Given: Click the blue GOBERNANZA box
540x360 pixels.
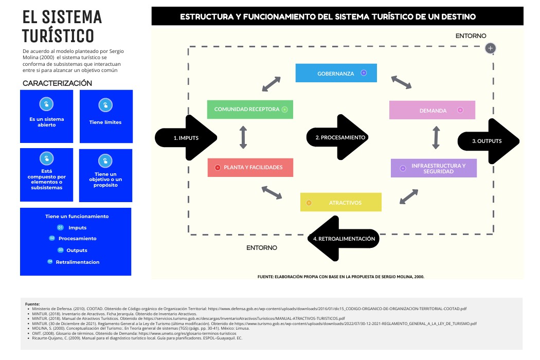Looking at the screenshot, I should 336,73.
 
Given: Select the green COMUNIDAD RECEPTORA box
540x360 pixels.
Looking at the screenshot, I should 250,110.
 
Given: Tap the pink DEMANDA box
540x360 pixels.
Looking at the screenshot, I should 432,110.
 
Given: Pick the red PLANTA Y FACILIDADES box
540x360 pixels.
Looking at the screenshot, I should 250,168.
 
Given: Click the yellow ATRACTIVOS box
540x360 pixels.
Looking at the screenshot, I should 340,202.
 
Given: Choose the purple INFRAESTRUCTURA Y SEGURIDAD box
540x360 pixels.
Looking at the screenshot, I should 434,168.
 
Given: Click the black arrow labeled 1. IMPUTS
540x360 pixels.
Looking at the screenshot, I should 186,138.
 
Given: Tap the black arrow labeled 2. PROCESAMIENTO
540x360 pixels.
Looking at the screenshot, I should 336,137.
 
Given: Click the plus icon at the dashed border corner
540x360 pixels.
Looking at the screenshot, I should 491,48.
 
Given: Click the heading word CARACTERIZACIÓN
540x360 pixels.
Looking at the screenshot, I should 57,83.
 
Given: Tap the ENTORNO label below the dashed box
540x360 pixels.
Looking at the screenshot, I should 261,248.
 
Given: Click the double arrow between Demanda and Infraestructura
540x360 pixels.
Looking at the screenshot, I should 436,138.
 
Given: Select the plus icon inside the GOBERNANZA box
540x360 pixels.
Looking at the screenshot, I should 364,73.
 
